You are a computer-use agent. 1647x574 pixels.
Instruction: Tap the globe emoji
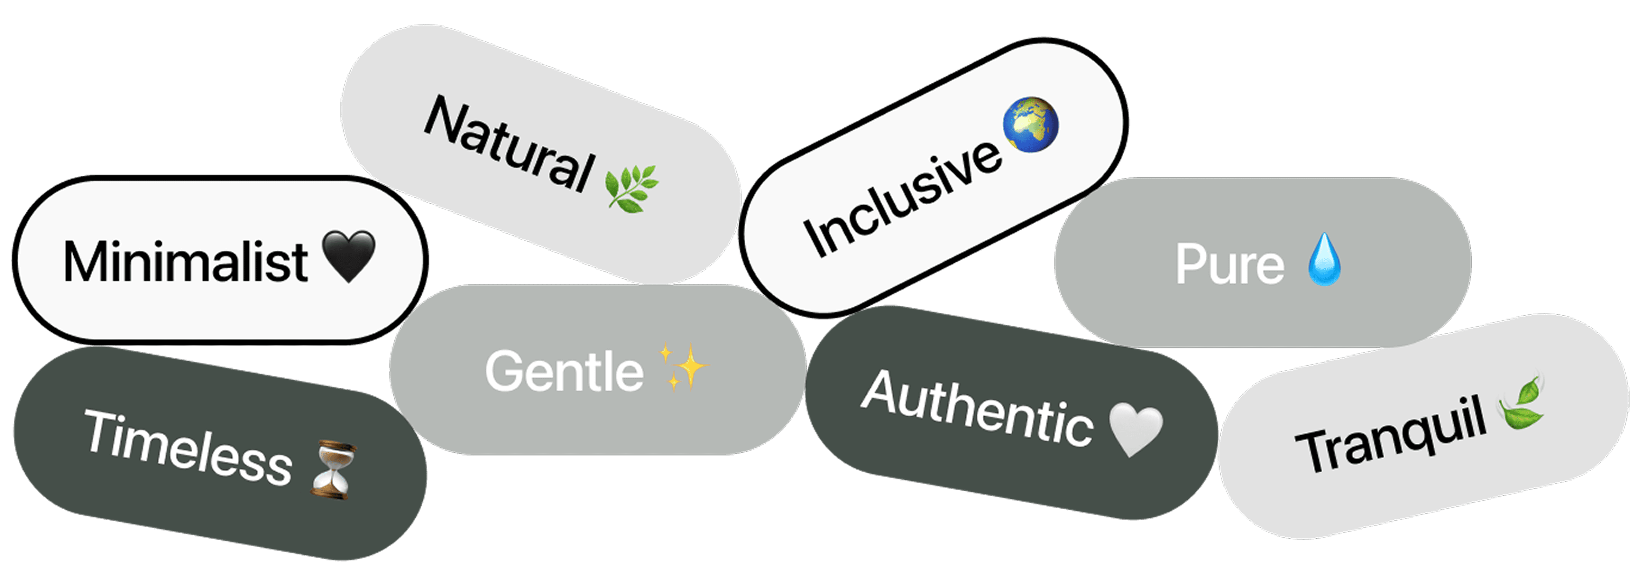1031,125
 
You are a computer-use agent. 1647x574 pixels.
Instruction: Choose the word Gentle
564,371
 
